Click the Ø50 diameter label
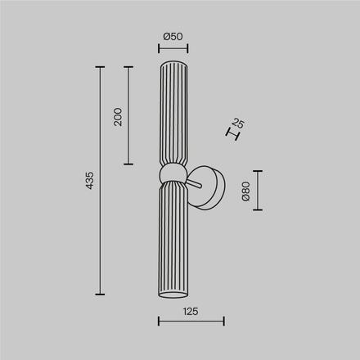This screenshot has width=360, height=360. pos(172,37)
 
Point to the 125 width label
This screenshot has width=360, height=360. pos(191,311)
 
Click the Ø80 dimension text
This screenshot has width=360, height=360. pos(245,191)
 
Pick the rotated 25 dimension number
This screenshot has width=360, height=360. pos(238,124)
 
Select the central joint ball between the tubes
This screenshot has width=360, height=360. pos(172,172)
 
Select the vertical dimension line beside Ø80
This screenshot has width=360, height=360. pos(258,191)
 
